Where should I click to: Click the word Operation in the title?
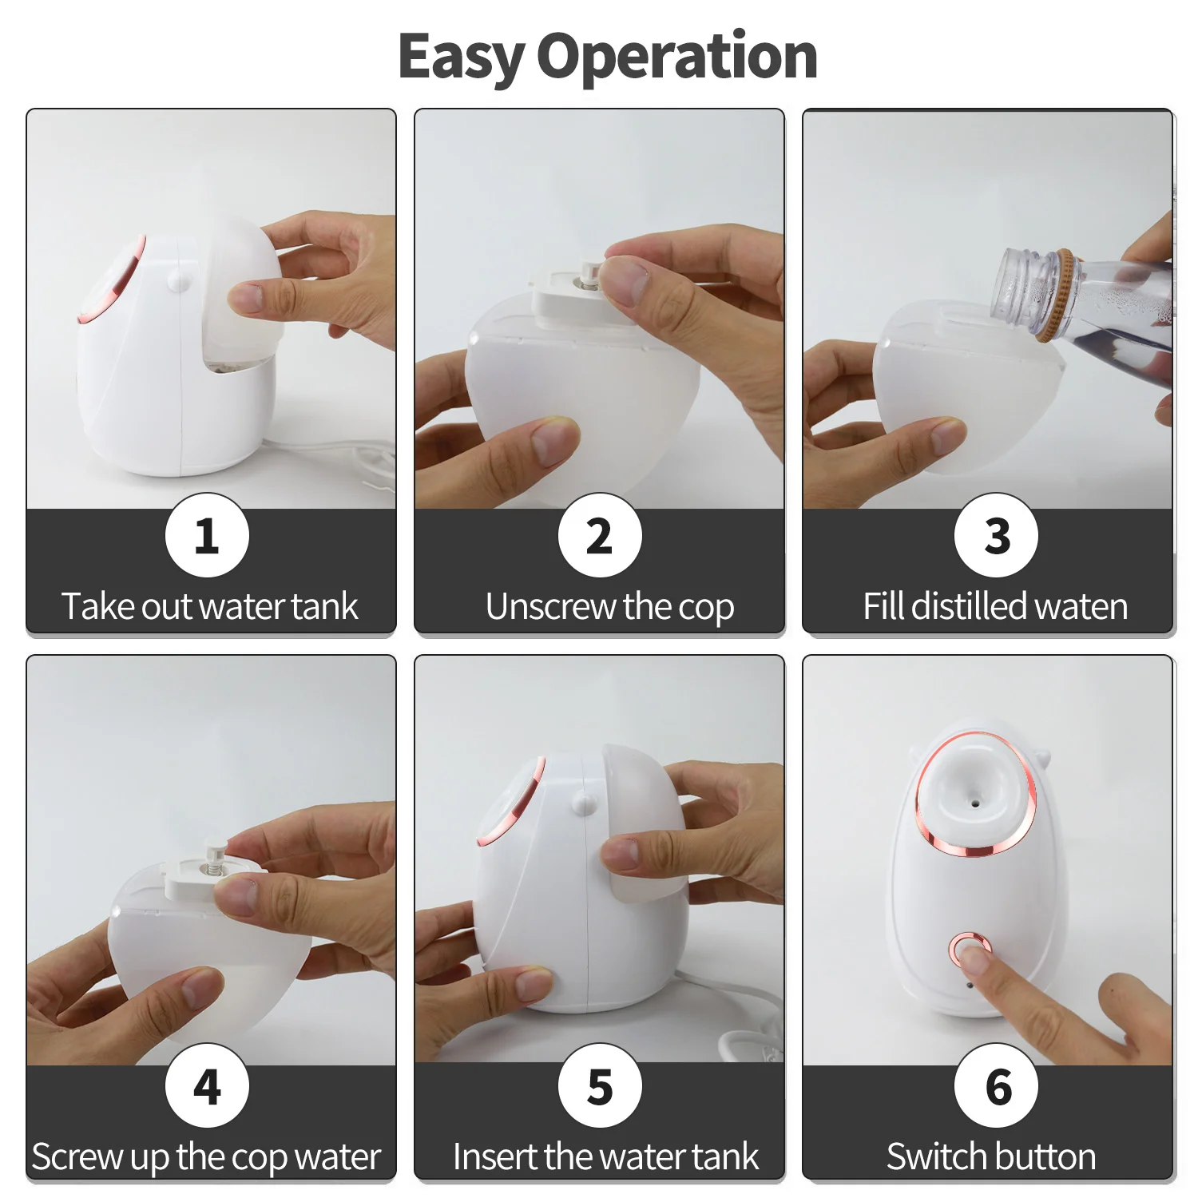[676, 58]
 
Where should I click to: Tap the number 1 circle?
[207, 535]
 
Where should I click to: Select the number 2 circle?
[599, 535]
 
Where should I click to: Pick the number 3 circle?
[996, 535]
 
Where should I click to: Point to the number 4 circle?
[207, 1085]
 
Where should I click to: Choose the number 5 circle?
[599, 1085]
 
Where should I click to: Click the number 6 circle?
[996, 1085]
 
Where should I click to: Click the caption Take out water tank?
[210, 606]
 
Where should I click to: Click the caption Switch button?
[991, 1156]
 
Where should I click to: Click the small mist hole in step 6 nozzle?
[974, 799]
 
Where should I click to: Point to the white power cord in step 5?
[739, 1038]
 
